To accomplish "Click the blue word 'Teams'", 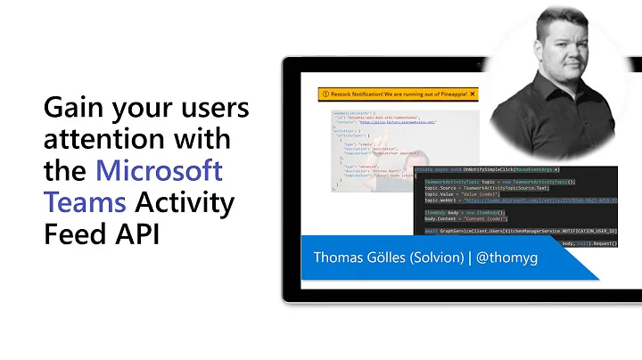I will click(86, 202).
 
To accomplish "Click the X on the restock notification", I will click(473, 94).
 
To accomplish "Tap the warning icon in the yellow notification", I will click(326, 94).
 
